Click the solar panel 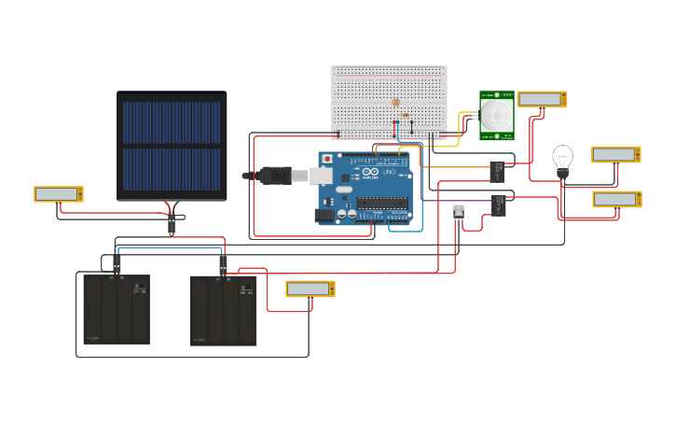pyautogui.click(x=172, y=146)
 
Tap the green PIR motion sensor pyautogui.click(x=496, y=116)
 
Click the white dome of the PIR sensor pyautogui.click(x=496, y=116)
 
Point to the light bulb pyautogui.click(x=562, y=159)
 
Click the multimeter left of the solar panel pyautogui.click(x=58, y=194)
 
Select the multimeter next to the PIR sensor pyautogui.click(x=542, y=99)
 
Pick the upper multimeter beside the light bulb pyautogui.click(x=615, y=154)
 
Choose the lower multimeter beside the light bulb pyautogui.click(x=616, y=199)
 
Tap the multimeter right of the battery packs pyautogui.click(x=310, y=289)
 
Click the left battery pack pyautogui.click(x=117, y=309)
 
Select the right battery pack pyautogui.click(x=223, y=310)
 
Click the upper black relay pyautogui.click(x=497, y=172)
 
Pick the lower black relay pyautogui.click(x=499, y=204)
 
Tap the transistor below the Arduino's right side pyautogui.click(x=458, y=211)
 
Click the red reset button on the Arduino pyautogui.click(x=327, y=159)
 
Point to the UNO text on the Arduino pyautogui.click(x=389, y=173)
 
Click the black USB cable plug pyautogui.click(x=276, y=175)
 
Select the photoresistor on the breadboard pyautogui.click(x=395, y=102)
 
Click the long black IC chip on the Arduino pyautogui.click(x=382, y=204)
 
